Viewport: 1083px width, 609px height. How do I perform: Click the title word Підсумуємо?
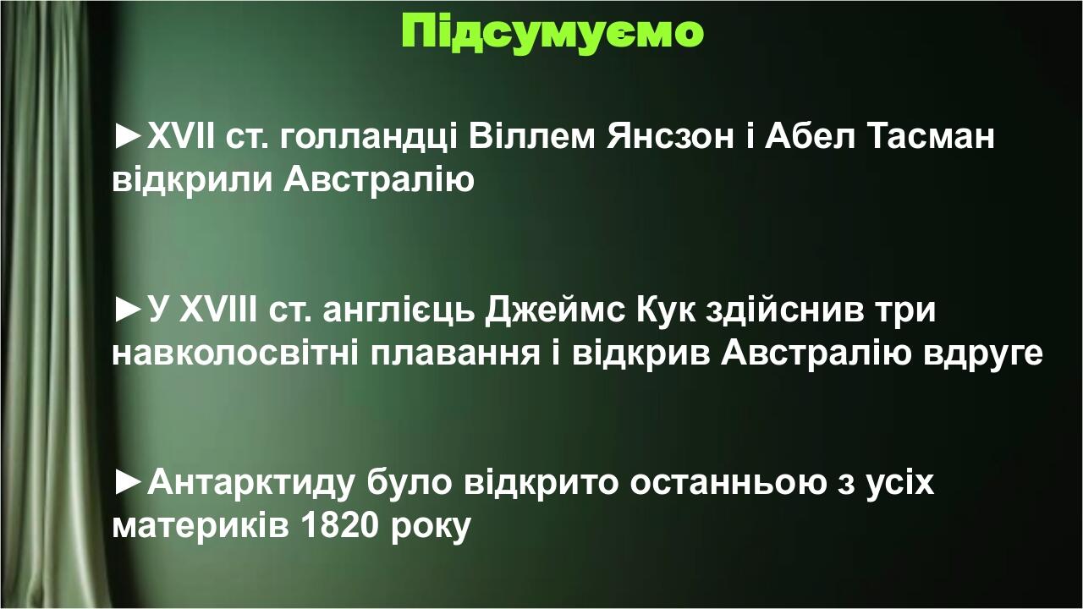(552, 31)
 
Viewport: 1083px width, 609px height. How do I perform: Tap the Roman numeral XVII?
(182, 136)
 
